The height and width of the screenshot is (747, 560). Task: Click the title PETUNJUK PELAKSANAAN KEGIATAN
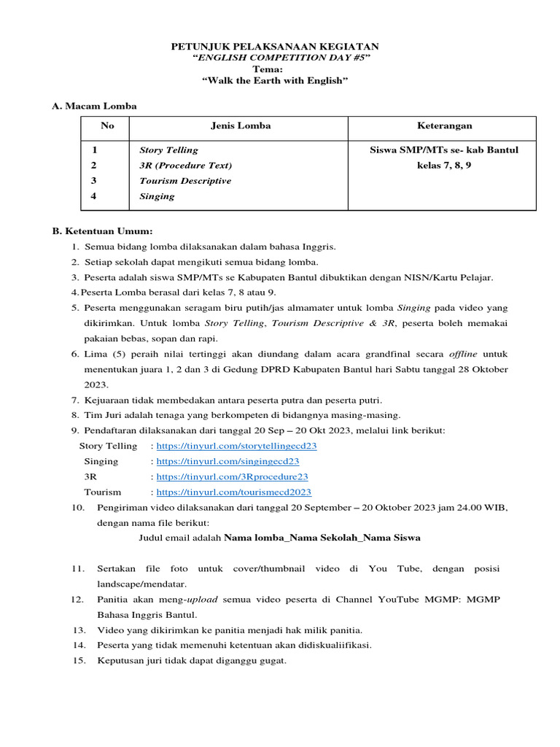(275, 47)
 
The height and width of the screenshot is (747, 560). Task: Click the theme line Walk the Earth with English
(275, 80)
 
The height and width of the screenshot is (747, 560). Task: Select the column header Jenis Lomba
(241, 125)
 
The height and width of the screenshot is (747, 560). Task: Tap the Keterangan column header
(444, 125)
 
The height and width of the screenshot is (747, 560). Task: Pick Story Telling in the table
(168, 150)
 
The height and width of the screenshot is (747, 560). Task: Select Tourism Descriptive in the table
(185, 181)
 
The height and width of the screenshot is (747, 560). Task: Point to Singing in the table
(157, 196)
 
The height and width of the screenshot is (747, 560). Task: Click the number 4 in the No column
(94, 196)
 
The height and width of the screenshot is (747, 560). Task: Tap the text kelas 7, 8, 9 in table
(444, 166)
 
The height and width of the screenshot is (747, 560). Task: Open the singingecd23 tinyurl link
(227, 462)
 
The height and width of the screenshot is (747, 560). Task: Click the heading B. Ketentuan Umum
(102, 231)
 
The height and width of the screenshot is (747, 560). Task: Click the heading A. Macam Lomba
(94, 107)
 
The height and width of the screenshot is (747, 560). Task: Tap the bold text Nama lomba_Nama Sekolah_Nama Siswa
(322, 538)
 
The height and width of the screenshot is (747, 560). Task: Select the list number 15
(79, 661)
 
